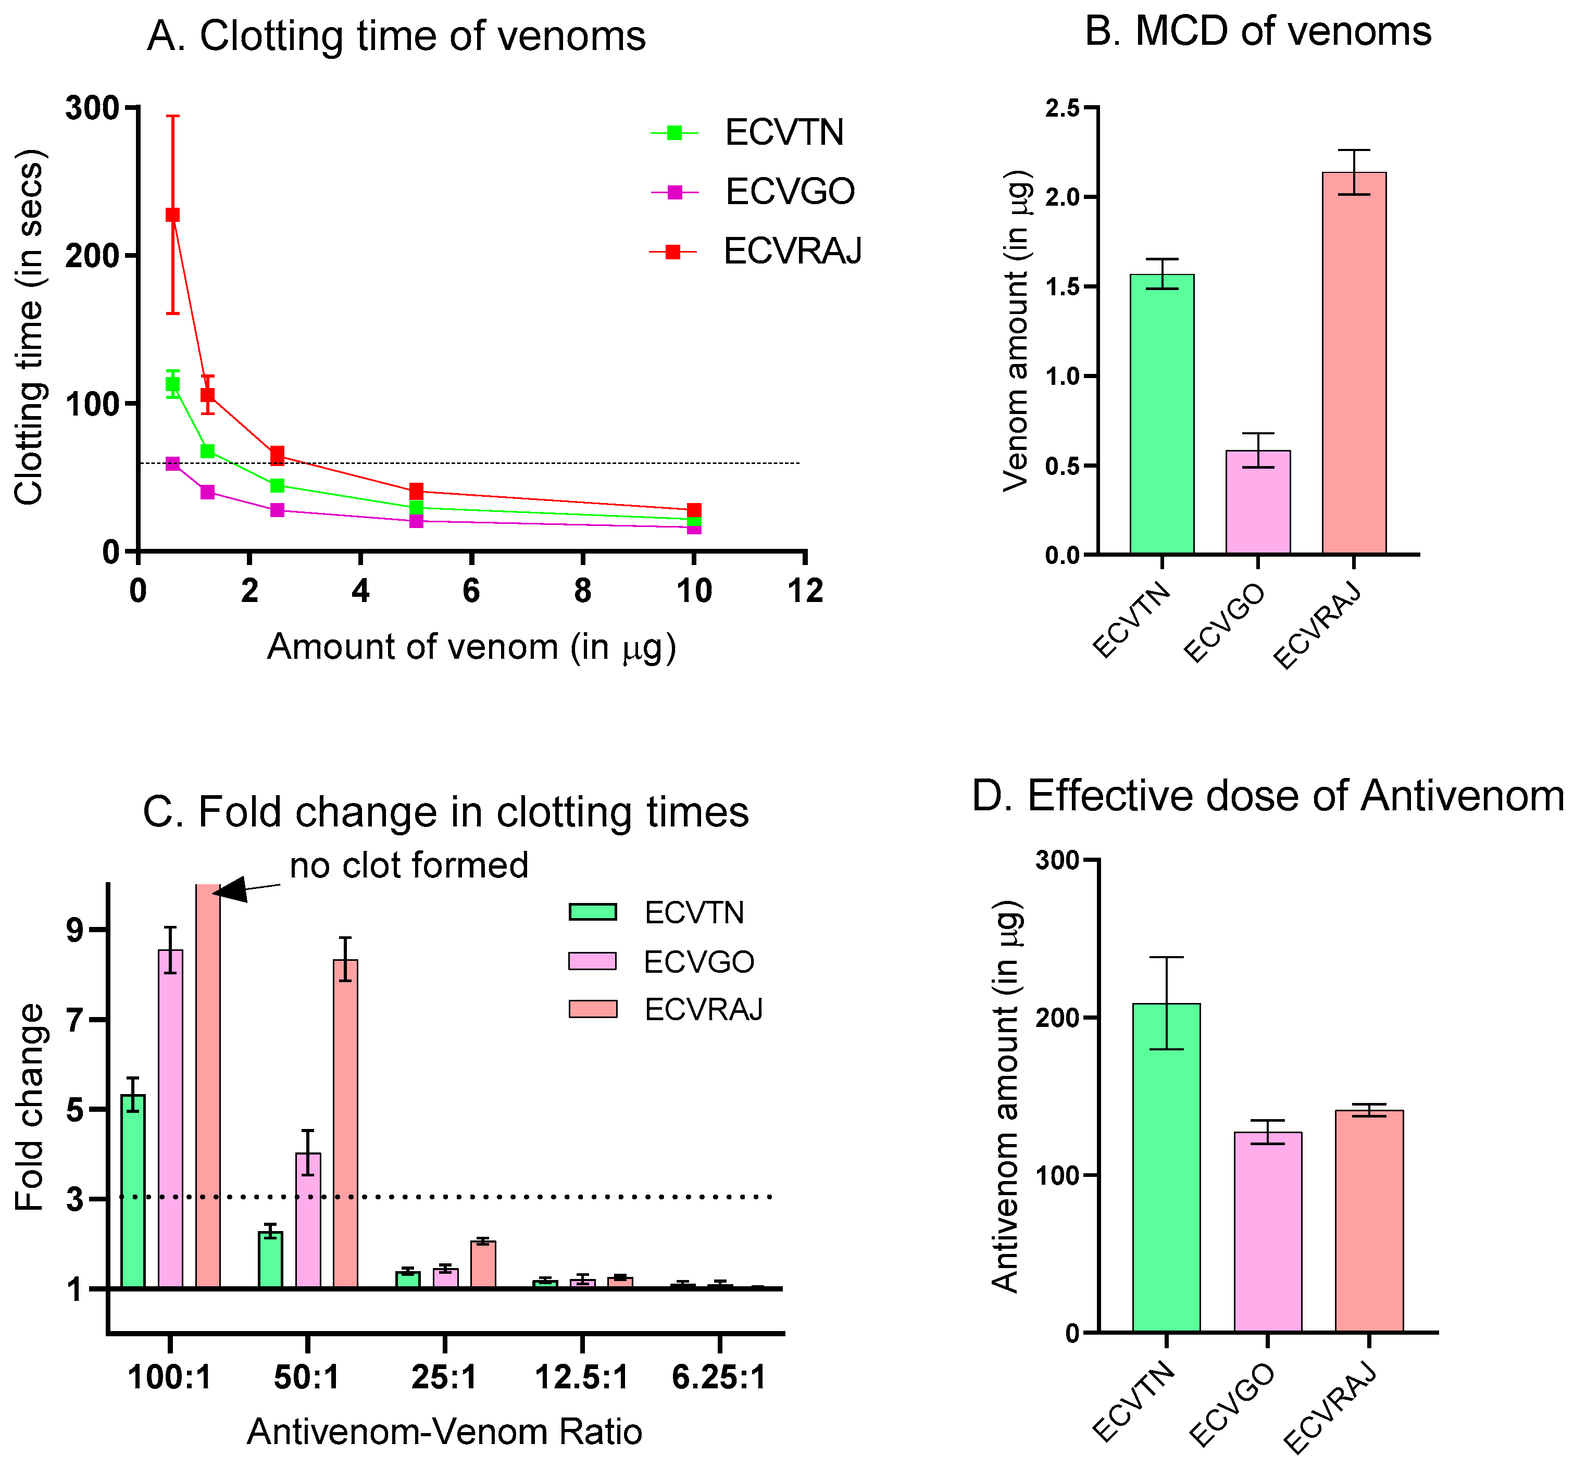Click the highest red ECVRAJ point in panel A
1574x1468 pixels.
[172, 215]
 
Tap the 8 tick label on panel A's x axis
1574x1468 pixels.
[583, 591]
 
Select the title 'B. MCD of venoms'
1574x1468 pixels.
[1257, 32]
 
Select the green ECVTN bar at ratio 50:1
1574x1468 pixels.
[270, 1259]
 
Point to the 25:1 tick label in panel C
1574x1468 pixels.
[444, 1378]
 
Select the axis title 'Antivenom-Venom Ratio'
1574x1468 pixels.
[444, 1432]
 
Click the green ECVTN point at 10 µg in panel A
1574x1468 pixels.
[694, 519]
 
